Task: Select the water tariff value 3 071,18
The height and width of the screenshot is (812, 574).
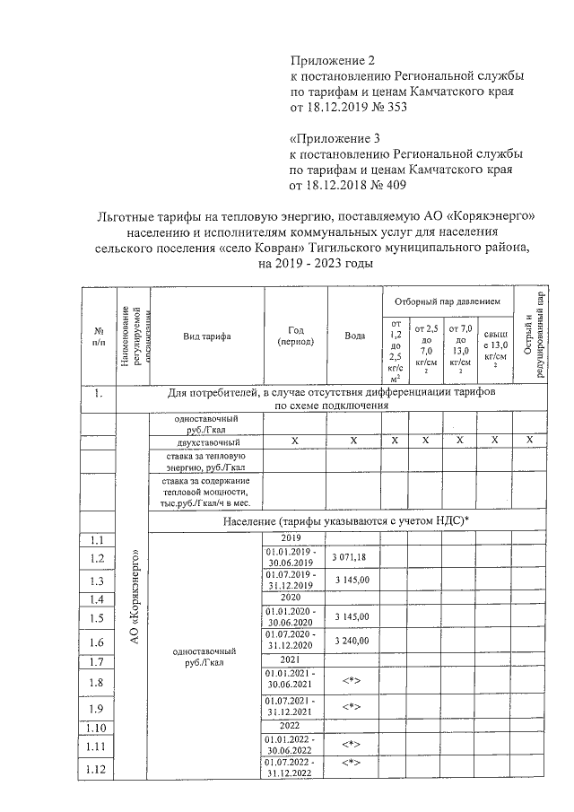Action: point(353,557)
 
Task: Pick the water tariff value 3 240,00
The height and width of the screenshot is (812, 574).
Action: point(353,642)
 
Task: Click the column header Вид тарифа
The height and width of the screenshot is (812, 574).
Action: point(207,336)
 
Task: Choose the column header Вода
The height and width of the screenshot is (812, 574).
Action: point(353,336)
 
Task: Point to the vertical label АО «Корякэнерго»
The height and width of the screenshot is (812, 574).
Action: point(134,592)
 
